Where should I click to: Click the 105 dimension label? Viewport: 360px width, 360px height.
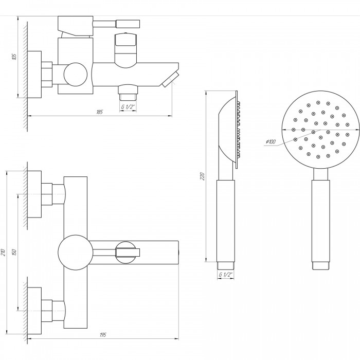(x=14, y=57)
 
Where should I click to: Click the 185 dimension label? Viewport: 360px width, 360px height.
(x=100, y=112)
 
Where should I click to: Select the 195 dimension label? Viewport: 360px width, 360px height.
(x=103, y=335)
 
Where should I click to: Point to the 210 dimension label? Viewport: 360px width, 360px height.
(x=3, y=253)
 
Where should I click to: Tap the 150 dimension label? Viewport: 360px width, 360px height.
(x=14, y=253)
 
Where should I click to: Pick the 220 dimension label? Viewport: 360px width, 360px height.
(x=202, y=176)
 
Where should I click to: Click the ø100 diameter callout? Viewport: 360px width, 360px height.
(x=271, y=141)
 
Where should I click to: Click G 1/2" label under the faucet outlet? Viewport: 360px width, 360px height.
(x=128, y=107)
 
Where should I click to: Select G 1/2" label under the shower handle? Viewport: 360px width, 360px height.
(x=225, y=274)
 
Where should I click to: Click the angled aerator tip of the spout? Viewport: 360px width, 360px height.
(x=171, y=79)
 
